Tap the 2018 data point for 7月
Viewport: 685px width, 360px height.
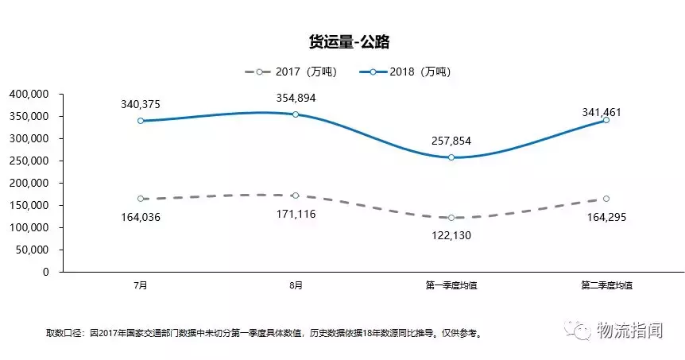tap(140, 121)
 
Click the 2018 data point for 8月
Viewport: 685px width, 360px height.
tap(296, 114)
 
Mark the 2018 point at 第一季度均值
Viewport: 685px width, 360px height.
tap(451, 157)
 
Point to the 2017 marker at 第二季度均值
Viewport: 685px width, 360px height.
tap(606, 199)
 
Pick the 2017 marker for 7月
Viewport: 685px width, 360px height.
tap(140, 199)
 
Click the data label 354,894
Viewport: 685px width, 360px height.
tap(296, 99)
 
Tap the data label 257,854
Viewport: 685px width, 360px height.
tap(451, 141)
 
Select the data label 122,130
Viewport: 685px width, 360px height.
tap(451, 235)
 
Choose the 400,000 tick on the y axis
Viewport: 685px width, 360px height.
tap(29, 94)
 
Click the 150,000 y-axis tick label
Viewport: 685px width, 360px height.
tap(29, 205)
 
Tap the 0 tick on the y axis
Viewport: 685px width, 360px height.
tap(46, 272)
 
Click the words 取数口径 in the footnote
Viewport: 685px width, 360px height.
tap(65, 333)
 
